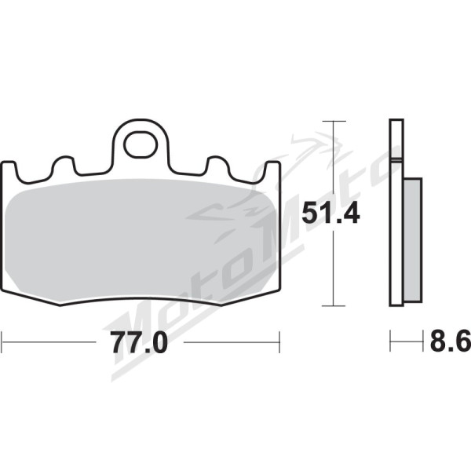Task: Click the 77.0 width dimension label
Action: pos(138,342)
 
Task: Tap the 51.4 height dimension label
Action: pos(330,213)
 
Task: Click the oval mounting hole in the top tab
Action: pos(141,144)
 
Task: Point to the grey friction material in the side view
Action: pos(413,239)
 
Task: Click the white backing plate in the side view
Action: pos(396,213)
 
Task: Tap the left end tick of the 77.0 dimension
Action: pos(2,342)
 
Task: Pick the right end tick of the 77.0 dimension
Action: pos(279,342)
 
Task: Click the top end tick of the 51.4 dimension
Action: pos(334,121)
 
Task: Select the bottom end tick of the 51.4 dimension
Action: pos(334,306)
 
